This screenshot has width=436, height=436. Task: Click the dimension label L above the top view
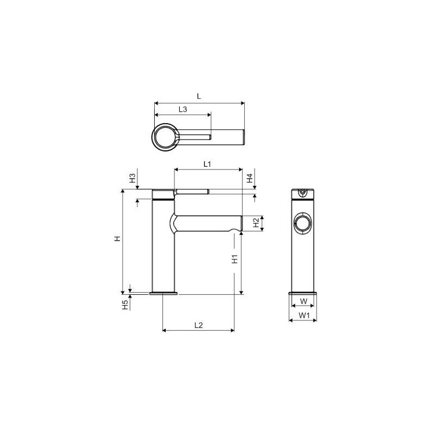199,96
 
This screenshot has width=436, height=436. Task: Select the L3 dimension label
183,110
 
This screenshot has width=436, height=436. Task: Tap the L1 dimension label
208,164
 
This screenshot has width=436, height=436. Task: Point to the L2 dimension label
198,325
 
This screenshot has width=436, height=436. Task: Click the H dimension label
118,239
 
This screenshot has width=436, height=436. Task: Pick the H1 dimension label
235,259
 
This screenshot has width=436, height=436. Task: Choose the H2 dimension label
256,223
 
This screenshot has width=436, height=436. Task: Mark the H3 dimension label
132,178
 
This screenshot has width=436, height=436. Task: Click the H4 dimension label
250,178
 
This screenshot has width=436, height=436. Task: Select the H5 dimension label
126,305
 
